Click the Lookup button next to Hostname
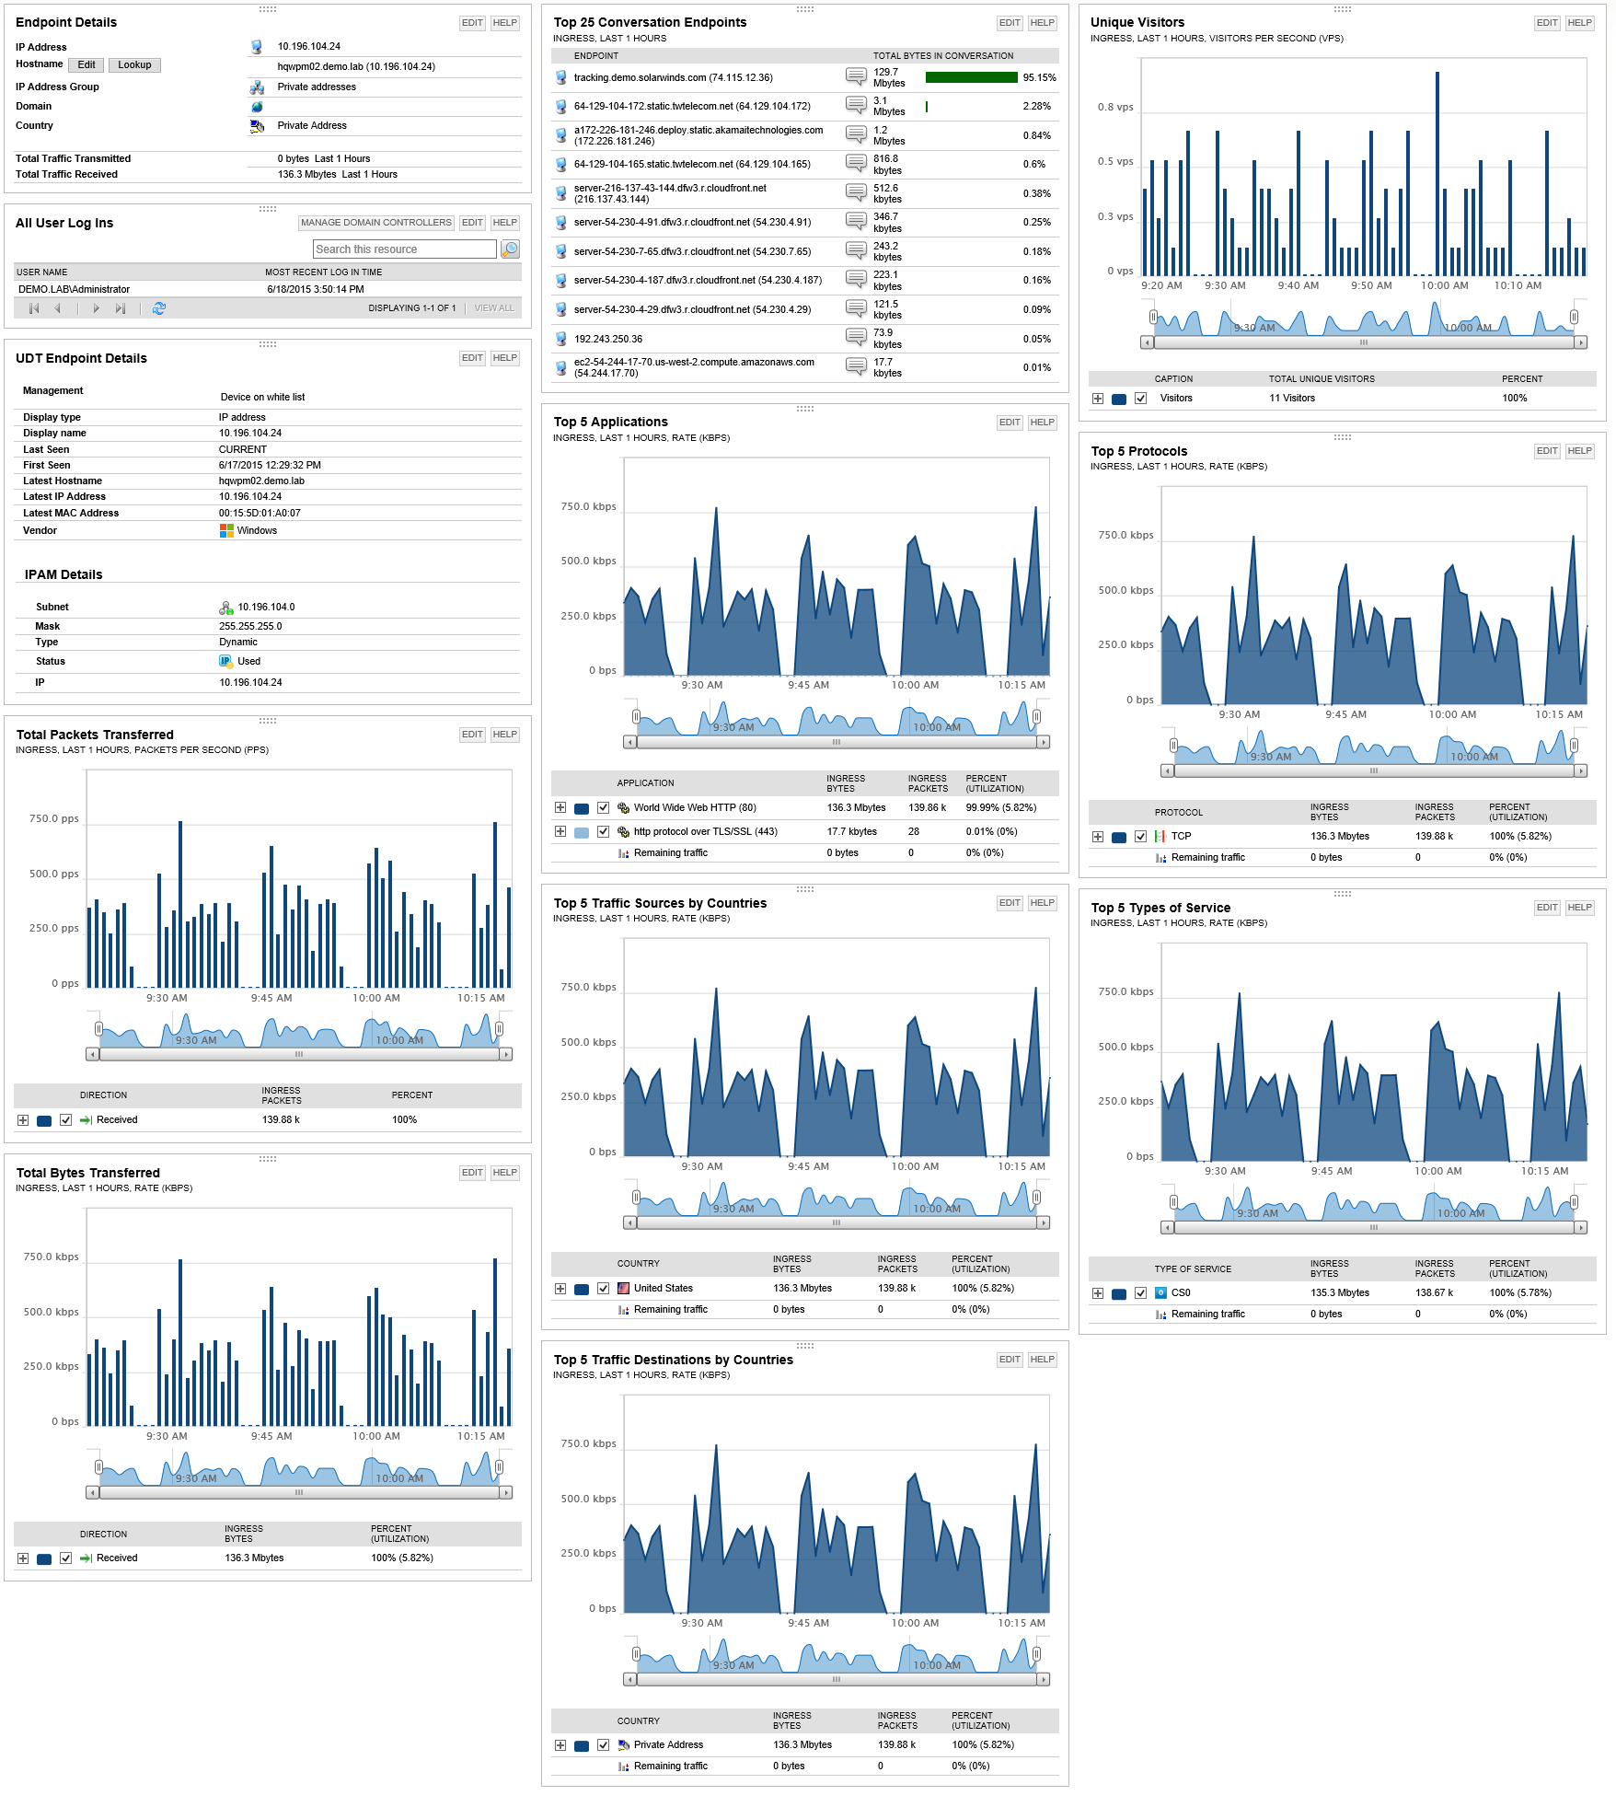click(134, 65)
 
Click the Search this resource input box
click(404, 249)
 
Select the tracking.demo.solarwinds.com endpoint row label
click(673, 78)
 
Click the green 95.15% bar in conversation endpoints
click(971, 78)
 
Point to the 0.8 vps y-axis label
click(1114, 108)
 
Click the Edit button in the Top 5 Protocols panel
click(1547, 451)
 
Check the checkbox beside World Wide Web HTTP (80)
click(603, 808)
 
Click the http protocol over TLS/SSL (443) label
click(705, 832)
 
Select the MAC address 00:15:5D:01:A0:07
click(260, 514)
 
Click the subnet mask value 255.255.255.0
click(250, 627)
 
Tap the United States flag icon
click(624, 1289)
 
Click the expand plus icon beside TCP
click(1098, 837)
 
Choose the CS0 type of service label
click(1181, 1293)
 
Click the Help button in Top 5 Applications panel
click(1042, 423)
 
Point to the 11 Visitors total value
click(1292, 399)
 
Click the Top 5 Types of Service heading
click(1160, 908)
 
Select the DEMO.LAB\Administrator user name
click(75, 290)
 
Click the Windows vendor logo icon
click(226, 531)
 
